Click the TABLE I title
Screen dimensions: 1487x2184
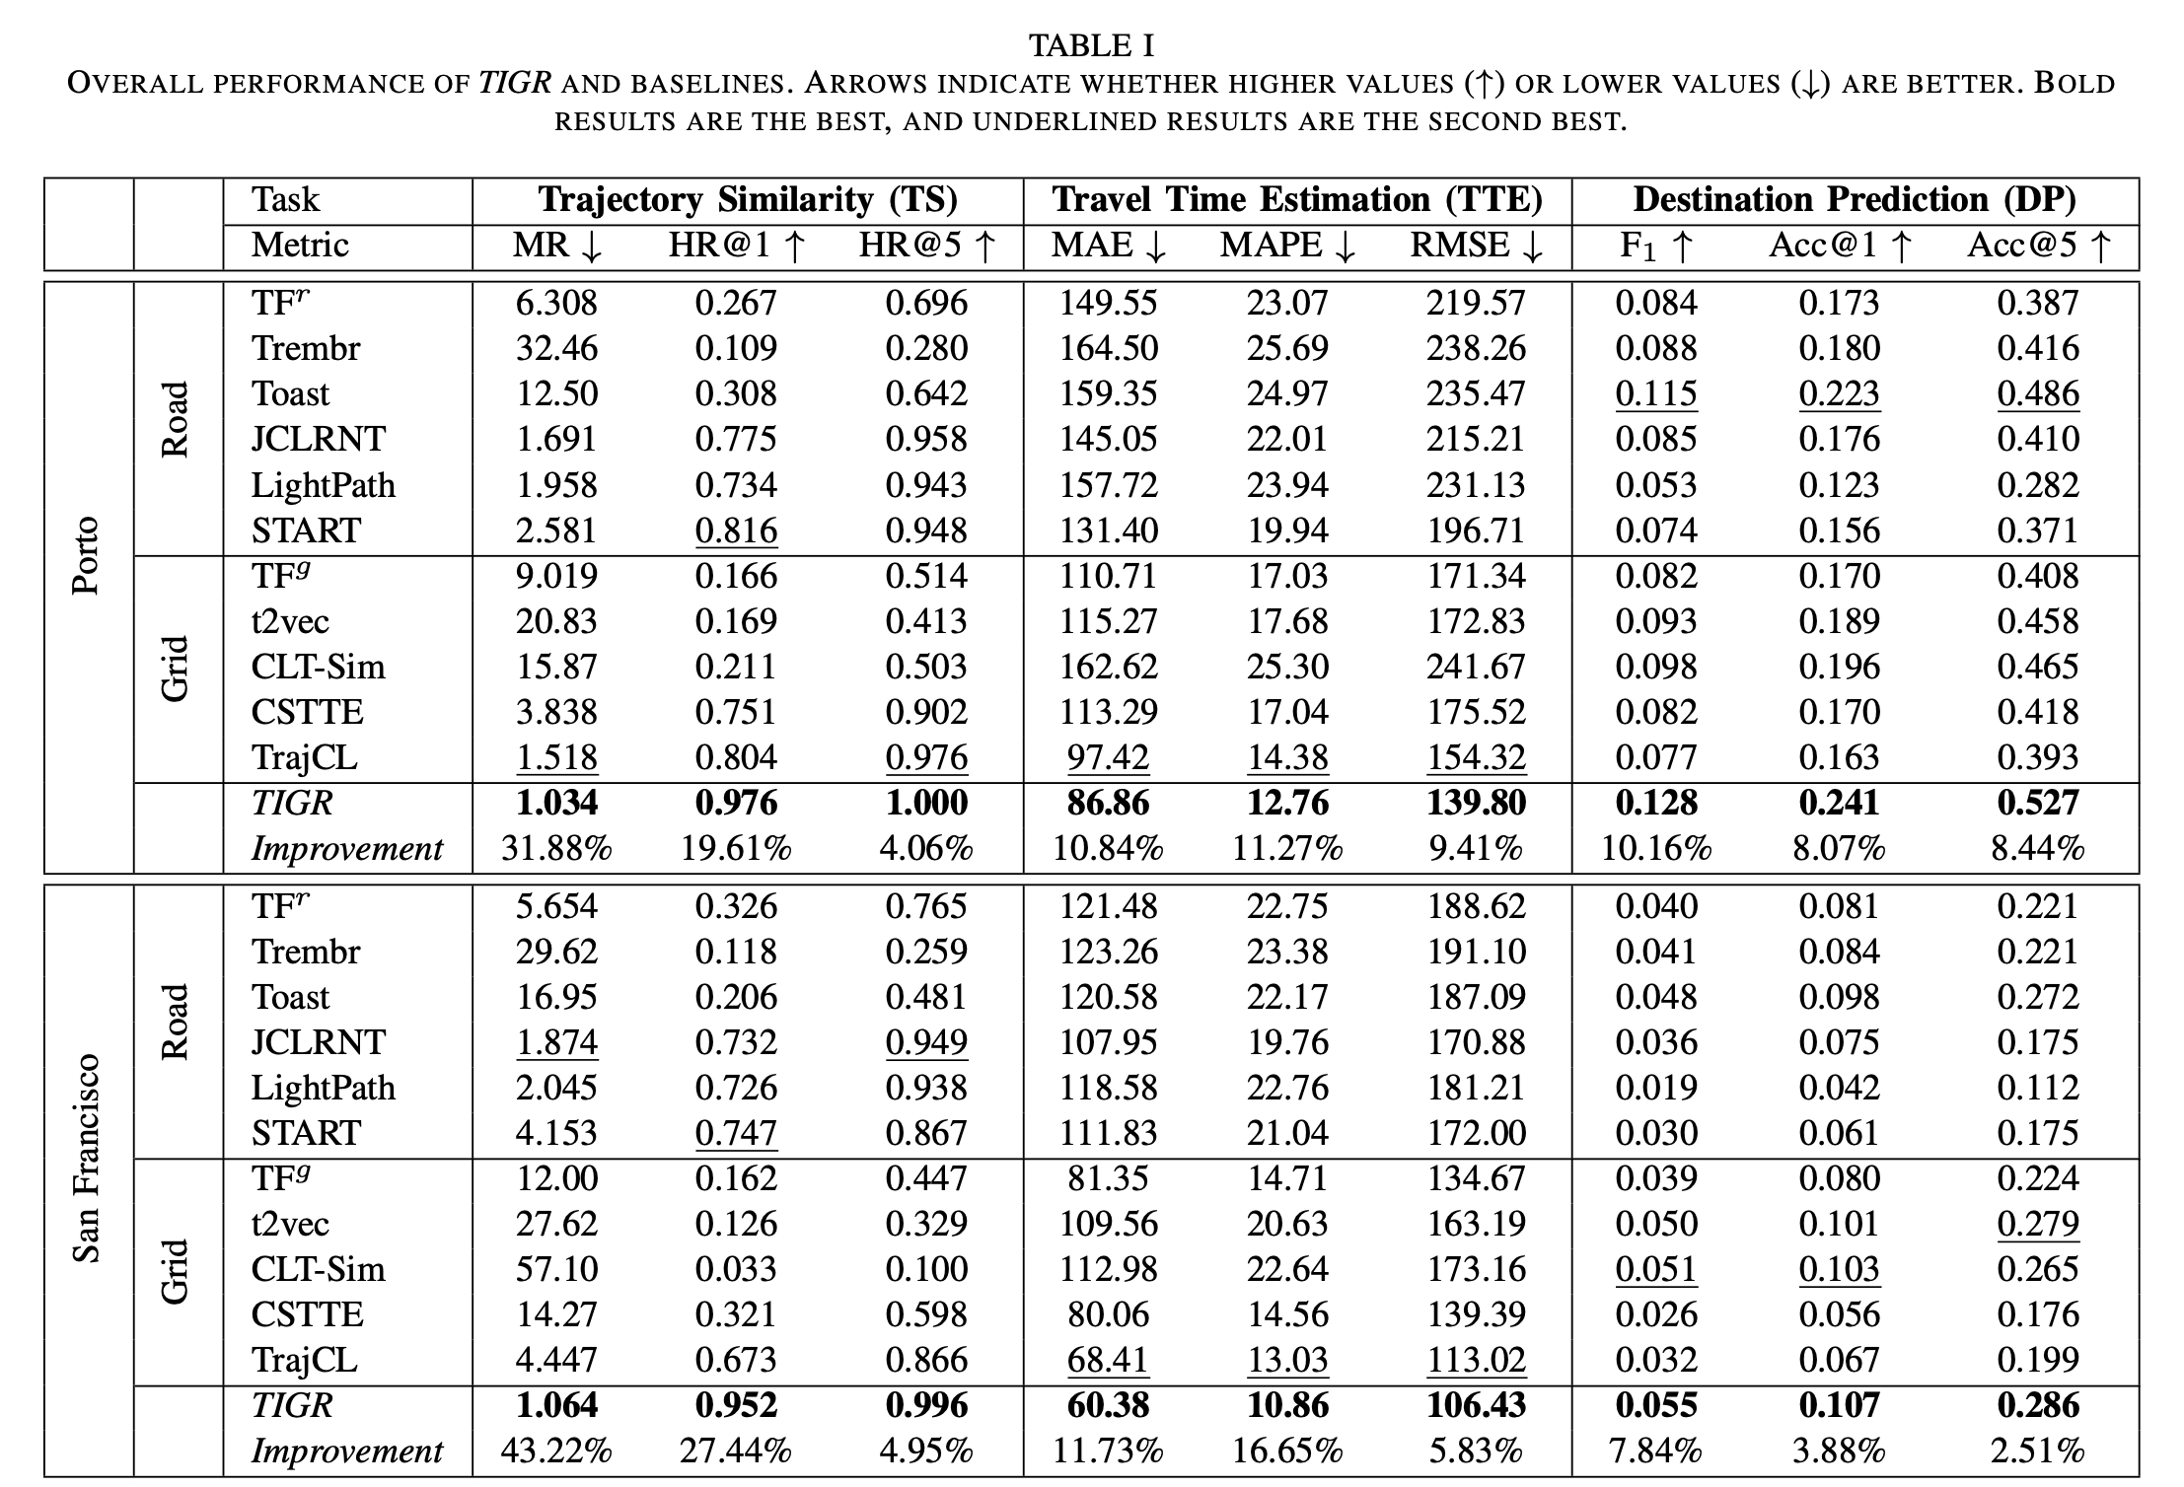(1091, 45)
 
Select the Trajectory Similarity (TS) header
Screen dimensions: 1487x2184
(748, 200)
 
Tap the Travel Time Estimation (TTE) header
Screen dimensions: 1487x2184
(1297, 200)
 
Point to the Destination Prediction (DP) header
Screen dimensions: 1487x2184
(1855, 200)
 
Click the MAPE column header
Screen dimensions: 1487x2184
(1287, 246)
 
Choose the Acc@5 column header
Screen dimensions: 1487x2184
(2038, 246)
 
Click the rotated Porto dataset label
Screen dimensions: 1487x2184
(87, 555)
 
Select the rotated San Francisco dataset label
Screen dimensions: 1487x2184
(87, 1158)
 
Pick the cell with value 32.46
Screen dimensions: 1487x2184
(556, 348)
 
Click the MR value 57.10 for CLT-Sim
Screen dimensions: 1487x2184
(556, 1269)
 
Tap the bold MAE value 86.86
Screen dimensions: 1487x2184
(1108, 803)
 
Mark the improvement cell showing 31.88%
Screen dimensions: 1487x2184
(556, 848)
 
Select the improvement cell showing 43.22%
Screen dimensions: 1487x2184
(556, 1452)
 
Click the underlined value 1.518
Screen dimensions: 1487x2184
(556, 757)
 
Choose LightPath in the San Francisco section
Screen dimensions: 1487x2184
(323, 1088)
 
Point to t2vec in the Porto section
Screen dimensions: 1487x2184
(290, 621)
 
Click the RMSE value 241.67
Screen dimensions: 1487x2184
(1476, 667)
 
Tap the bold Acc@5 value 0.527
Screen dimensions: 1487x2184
(2038, 803)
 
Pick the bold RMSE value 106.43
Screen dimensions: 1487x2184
(1476, 1406)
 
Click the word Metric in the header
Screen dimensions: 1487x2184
(300, 246)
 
